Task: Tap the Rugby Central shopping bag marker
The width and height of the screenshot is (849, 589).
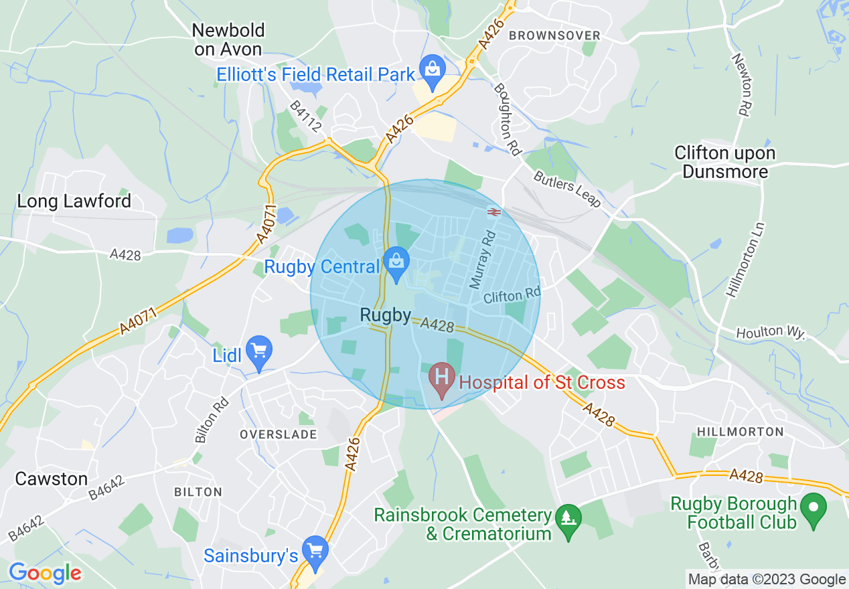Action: (x=396, y=262)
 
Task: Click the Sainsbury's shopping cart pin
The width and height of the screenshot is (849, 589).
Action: (x=314, y=550)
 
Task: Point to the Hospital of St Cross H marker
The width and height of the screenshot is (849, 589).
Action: (x=442, y=378)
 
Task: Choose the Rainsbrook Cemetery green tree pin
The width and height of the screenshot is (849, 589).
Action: (x=569, y=519)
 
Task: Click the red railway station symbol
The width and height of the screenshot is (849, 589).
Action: (x=494, y=212)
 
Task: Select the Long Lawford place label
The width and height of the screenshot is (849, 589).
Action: (x=74, y=201)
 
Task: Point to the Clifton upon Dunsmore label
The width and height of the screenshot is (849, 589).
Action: (x=724, y=163)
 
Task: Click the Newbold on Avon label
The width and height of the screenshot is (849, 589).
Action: (x=228, y=39)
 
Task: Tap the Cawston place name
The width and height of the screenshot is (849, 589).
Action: (x=52, y=479)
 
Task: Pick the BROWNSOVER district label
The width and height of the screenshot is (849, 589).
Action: (x=555, y=35)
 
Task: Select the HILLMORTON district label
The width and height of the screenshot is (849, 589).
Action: (x=740, y=432)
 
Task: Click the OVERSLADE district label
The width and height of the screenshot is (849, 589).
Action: (x=279, y=434)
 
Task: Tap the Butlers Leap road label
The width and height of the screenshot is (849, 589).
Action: (x=567, y=189)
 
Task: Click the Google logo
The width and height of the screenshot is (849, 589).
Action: (x=45, y=573)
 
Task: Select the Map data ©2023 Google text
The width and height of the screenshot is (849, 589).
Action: (x=767, y=580)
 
